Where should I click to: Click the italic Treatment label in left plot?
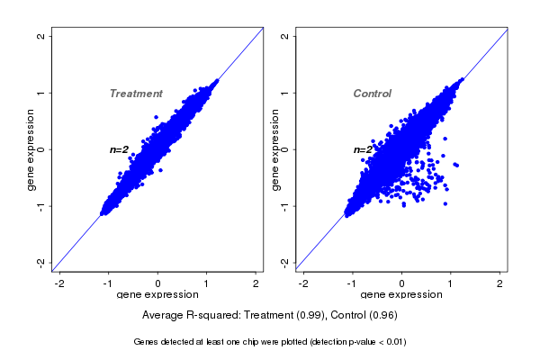pyautogui.click(x=136, y=94)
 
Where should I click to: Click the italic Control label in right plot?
pyautogui.click(x=373, y=94)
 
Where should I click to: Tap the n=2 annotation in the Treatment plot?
pyautogui.click(x=120, y=149)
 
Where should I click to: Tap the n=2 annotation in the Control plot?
pyautogui.click(x=363, y=149)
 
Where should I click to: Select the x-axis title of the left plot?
pyautogui.click(x=157, y=295)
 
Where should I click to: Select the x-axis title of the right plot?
pyautogui.click(x=400, y=295)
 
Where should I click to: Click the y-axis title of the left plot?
pyautogui.click(x=32, y=149)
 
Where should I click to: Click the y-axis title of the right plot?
pyautogui.click(x=276, y=149)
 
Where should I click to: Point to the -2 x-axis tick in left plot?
pyautogui.click(x=60, y=283)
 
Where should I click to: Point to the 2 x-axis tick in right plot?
pyautogui.click(x=499, y=283)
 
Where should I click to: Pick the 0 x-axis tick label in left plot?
pyautogui.click(x=158, y=283)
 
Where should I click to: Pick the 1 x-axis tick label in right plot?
pyautogui.click(x=451, y=283)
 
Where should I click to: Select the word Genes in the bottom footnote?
pyautogui.click(x=147, y=342)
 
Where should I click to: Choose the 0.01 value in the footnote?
pyautogui.click(x=392, y=342)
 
